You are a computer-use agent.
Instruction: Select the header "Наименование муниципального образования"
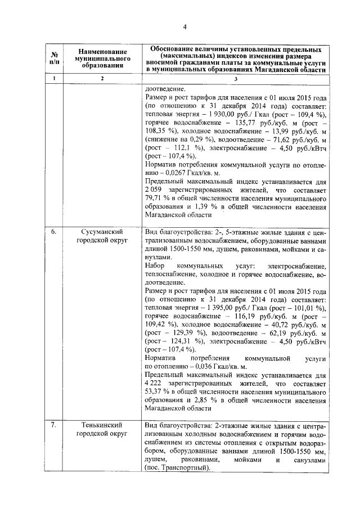click(102, 58)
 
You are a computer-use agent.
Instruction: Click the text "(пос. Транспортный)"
click(176, 467)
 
